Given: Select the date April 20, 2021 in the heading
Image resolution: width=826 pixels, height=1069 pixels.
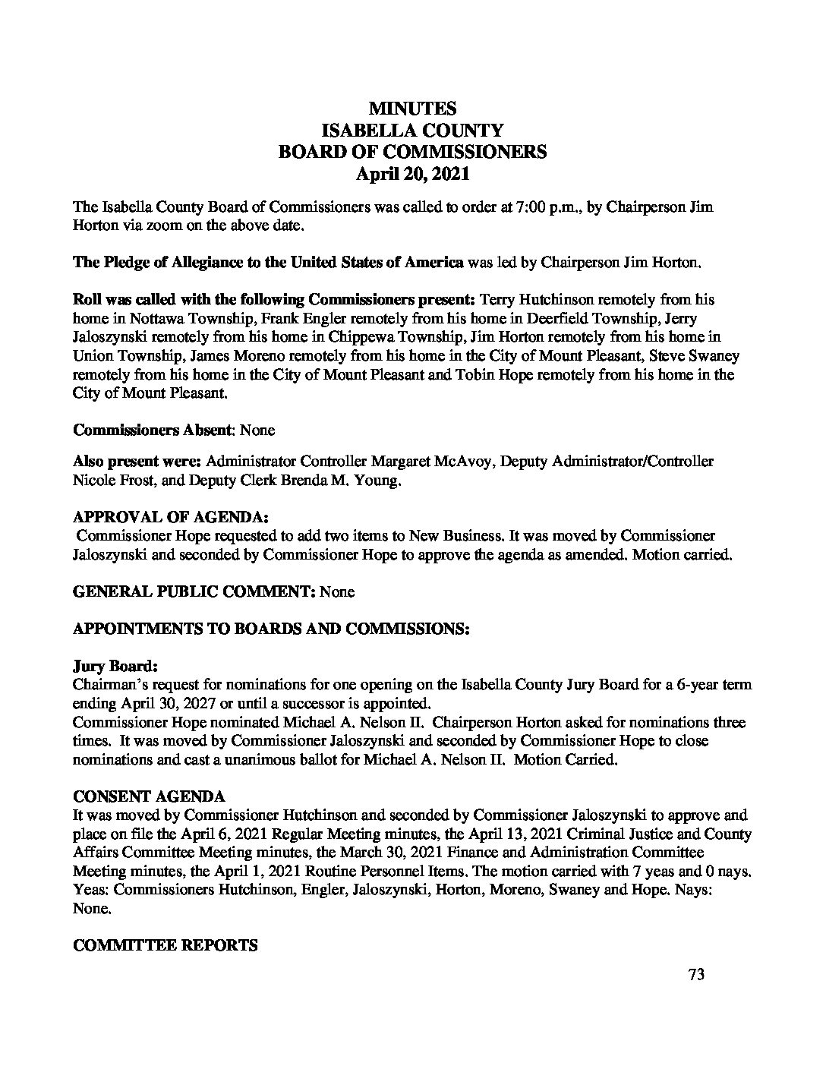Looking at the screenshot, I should point(413,174).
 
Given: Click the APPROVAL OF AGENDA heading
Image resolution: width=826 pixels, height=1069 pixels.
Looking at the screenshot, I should point(171,517).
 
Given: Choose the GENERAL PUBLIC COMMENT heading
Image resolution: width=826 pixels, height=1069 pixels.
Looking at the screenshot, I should point(194,591).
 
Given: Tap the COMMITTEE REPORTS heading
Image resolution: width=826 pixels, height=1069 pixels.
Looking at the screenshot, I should point(165,945).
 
